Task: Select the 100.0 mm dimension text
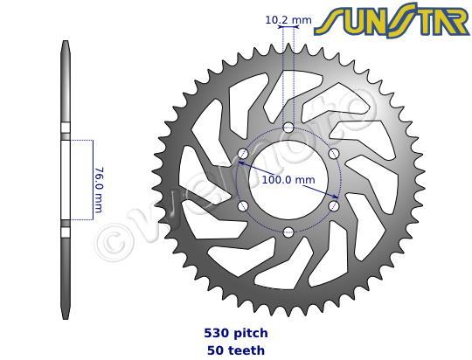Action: [288, 180]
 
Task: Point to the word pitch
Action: [248, 333]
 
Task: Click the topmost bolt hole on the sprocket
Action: [288, 128]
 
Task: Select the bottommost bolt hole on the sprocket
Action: [288, 232]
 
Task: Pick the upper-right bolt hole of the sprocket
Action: [333, 154]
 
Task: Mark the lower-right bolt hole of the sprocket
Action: [333, 206]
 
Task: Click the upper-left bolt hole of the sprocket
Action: [242, 154]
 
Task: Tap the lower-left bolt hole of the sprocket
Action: [242, 206]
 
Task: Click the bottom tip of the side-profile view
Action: [65, 315]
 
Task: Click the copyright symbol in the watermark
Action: [111, 239]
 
